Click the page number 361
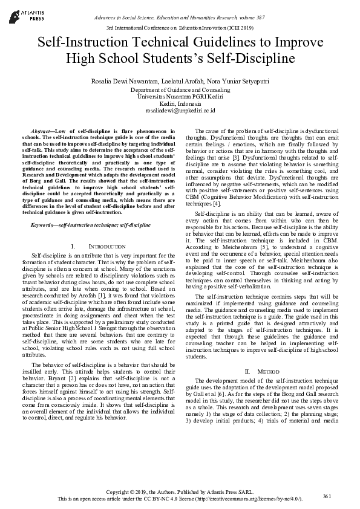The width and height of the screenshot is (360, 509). click(327, 496)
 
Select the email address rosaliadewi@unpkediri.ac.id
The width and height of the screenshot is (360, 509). click(180, 111)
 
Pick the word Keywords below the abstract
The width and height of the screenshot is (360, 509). click(44, 225)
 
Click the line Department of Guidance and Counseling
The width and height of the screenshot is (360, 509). click(180, 89)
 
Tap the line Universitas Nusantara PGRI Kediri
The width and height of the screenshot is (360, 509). click(180, 97)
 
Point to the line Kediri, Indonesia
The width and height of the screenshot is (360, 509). click(180, 104)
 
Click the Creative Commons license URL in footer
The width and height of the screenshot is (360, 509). click(249, 499)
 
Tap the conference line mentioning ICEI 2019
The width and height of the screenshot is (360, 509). click(180, 28)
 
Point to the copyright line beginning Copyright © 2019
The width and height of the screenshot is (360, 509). click(180, 493)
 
